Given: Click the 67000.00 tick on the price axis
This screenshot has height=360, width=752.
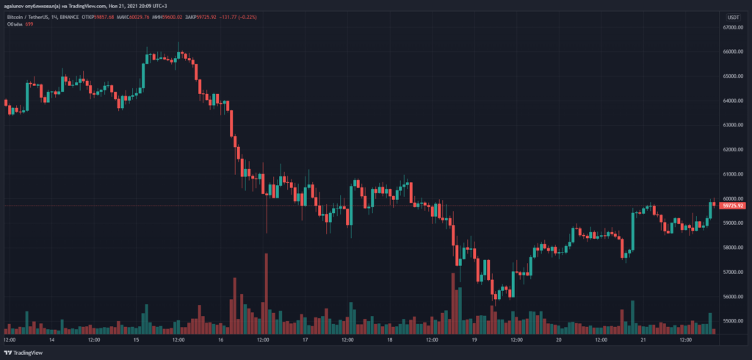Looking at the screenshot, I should point(734,27).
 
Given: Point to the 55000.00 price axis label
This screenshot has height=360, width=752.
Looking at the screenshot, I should point(734,321).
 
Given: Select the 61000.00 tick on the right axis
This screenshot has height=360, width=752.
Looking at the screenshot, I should point(734,174).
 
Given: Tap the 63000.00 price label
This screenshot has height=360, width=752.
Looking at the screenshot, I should point(734,125).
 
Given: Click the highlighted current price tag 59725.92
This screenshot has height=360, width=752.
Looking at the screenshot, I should point(734,206).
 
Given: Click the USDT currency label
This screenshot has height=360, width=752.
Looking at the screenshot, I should point(734,16).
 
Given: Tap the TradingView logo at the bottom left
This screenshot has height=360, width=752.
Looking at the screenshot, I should point(26,352).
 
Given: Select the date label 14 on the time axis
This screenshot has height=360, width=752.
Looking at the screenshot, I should point(51,339).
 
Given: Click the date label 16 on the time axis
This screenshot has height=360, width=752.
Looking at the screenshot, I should point(220,339).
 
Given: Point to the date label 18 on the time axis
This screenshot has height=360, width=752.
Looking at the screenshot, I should point(390,339).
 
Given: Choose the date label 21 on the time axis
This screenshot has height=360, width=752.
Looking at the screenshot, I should point(643,339).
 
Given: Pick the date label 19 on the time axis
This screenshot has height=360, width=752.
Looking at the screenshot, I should point(474,339).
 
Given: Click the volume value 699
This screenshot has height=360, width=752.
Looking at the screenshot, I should point(29,24).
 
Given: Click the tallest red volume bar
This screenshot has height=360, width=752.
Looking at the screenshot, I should point(267,294).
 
